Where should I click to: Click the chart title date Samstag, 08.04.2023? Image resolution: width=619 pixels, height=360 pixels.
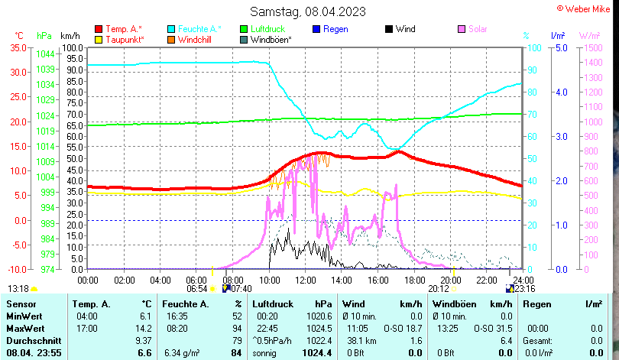click(x=308, y=11)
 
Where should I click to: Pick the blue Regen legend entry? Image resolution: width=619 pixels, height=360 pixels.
click(x=335, y=29)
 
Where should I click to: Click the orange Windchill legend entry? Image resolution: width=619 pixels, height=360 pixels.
click(x=196, y=39)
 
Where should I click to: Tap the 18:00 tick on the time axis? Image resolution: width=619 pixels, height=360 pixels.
click(x=415, y=280)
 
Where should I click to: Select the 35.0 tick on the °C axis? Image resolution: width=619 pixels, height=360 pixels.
click(x=16, y=47)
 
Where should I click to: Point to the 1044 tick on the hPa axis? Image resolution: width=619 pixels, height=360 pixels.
click(x=45, y=54)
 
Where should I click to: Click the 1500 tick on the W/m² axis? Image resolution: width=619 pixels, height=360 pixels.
click(x=589, y=47)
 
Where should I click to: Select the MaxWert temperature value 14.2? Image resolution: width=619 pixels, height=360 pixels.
click(x=143, y=328)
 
